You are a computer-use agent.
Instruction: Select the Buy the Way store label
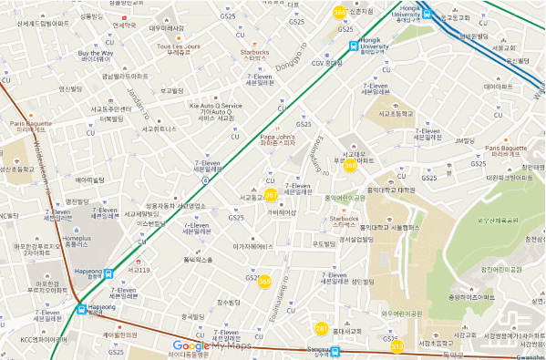click(x=95, y=56)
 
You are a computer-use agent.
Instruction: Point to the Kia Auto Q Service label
click(x=216, y=110)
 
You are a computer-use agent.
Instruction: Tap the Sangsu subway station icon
click(x=335, y=350)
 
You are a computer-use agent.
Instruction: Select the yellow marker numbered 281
click(x=321, y=328)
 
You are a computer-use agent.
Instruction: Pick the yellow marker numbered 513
click(x=397, y=345)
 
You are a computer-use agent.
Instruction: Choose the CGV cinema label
click(x=327, y=63)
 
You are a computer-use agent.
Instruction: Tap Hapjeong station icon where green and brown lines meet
click(x=81, y=308)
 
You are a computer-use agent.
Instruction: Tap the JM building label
click(x=465, y=140)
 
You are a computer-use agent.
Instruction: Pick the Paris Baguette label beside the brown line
click(x=31, y=127)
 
